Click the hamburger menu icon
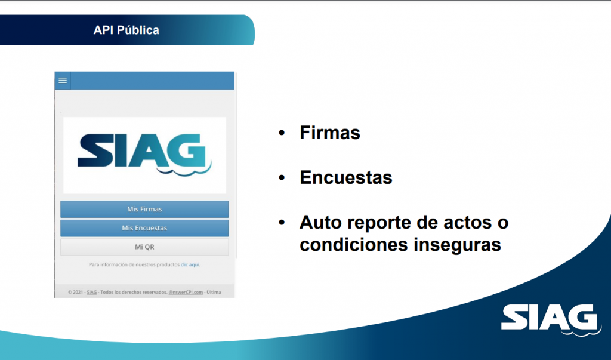pyautogui.click(x=63, y=81)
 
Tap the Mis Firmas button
pyautogui.click(x=144, y=209)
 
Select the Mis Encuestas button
pyautogui.click(x=144, y=228)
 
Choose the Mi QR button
pyautogui.click(x=144, y=247)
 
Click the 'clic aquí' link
pyautogui.click(x=190, y=264)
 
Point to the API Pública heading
pyautogui.click(x=126, y=30)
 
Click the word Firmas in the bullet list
pyautogui.click(x=329, y=133)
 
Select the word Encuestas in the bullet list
pyautogui.click(x=346, y=177)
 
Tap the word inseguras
pyautogui.click(x=457, y=245)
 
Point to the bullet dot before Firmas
pyautogui.click(x=282, y=133)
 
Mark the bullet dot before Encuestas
pyautogui.click(x=282, y=178)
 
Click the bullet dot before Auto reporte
pyautogui.click(x=282, y=223)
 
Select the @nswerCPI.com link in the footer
pyautogui.click(x=186, y=292)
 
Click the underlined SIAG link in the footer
pyautogui.click(x=91, y=292)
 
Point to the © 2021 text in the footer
pyautogui.click(x=76, y=292)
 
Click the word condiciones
pyautogui.click(x=354, y=245)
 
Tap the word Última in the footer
pyautogui.click(x=214, y=292)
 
